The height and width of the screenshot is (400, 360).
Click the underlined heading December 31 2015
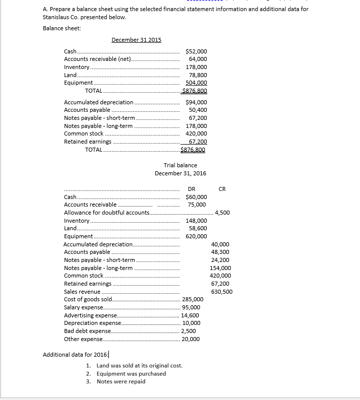136,40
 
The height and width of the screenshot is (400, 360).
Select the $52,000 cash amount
196,51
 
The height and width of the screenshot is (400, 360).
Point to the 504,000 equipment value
196,83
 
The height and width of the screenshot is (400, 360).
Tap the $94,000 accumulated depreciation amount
196,102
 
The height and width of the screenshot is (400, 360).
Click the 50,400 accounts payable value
197,110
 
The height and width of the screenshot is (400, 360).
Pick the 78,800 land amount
197,75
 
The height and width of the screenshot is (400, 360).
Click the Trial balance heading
180,165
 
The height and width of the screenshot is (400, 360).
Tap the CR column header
222,189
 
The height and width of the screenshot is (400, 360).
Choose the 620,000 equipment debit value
196,236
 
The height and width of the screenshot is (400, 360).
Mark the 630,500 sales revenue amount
222,292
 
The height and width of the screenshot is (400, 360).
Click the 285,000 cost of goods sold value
192,299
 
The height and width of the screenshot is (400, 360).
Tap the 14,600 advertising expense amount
190,315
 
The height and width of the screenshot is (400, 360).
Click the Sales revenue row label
82,292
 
